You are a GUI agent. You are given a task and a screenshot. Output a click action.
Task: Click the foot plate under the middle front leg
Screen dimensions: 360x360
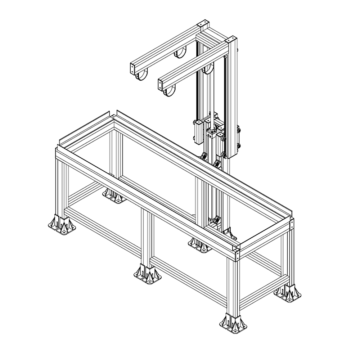(148, 275)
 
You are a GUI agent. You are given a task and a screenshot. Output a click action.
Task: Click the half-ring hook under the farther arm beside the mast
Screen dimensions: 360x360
(181, 53)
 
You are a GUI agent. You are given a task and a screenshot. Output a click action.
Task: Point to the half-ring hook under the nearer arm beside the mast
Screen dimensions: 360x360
(208, 69)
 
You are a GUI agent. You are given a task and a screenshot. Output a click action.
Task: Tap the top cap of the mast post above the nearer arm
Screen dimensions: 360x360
(232, 40)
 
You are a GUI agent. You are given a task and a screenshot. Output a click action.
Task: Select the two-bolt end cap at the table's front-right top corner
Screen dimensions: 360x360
(237, 256)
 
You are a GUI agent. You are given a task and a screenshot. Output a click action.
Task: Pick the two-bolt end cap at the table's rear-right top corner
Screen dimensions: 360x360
(291, 225)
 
